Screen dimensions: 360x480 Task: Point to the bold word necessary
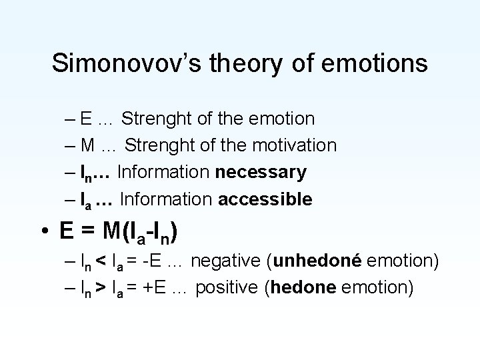[x=261, y=172]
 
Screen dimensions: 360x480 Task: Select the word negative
[x=223, y=261]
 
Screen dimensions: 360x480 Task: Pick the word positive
[x=225, y=288]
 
